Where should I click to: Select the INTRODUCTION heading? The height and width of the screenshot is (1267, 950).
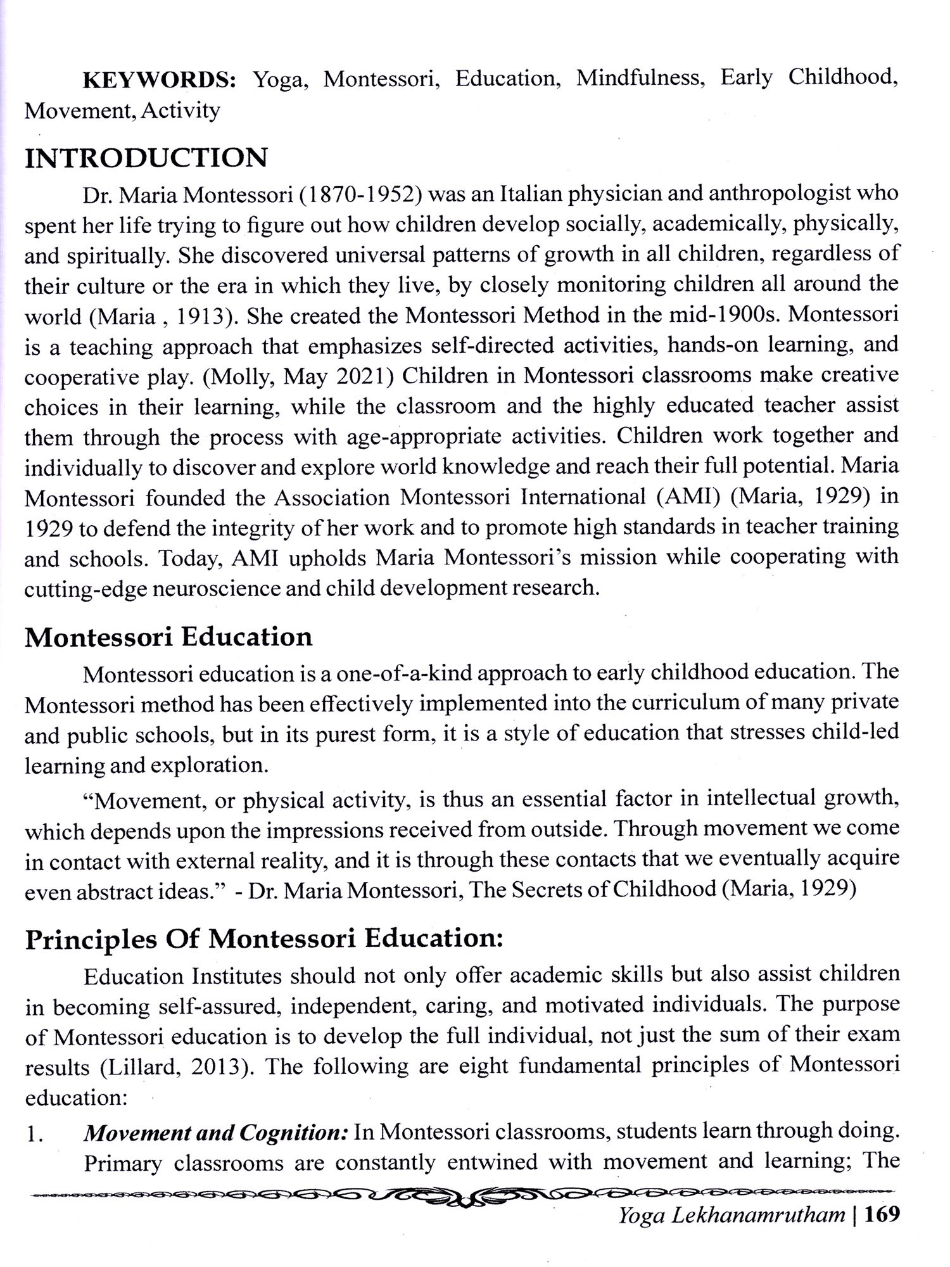pyautogui.click(x=146, y=158)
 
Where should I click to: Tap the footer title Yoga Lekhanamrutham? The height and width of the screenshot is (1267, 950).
pyautogui.click(x=731, y=1232)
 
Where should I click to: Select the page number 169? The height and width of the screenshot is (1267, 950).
pyautogui.click(x=880, y=1232)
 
